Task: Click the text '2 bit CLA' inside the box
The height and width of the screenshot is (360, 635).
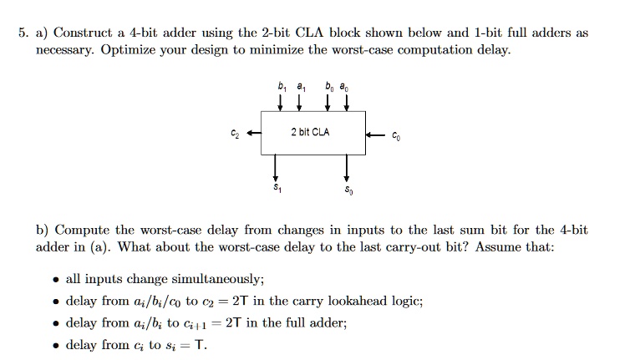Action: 310,132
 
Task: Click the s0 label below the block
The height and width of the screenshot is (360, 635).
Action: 346,189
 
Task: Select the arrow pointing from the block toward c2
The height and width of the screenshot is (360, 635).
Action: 251,132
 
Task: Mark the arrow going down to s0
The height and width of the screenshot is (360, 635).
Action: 346,168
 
